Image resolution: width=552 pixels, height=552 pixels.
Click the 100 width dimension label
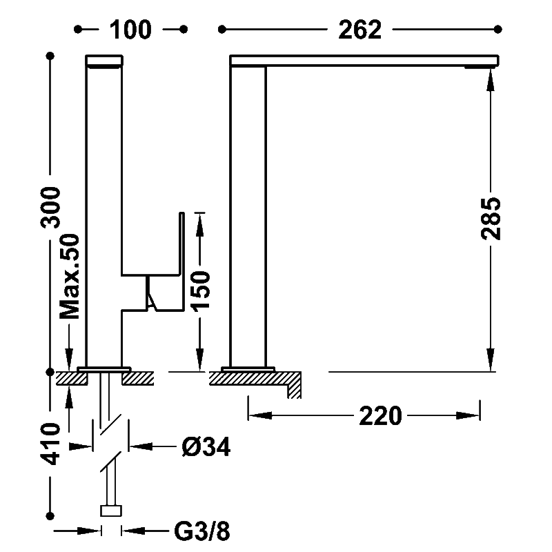click(130, 30)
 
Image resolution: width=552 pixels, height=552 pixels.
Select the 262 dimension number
click(359, 30)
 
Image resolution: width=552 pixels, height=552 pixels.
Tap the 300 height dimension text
click(50, 208)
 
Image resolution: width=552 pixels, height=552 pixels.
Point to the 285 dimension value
click(491, 219)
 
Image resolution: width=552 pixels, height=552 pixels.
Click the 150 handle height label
click(200, 290)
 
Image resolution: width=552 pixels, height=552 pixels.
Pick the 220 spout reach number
click(380, 416)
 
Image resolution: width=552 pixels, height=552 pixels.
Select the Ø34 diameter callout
click(206, 447)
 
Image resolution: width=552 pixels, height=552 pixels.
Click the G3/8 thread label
click(202, 531)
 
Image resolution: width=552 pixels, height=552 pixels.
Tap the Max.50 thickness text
click(70, 277)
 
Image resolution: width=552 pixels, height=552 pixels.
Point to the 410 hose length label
click(50, 444)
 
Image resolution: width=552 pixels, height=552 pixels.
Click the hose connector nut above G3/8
click(111, 511)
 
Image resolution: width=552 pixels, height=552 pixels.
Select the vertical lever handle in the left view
click(181, 262)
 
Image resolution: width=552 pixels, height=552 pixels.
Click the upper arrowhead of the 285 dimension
click(491, 80)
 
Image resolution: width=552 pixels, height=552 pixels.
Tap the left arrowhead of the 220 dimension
click(260, 416)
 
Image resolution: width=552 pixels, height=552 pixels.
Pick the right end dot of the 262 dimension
click(497, 30)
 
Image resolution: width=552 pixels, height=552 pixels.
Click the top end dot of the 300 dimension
click(50, 56)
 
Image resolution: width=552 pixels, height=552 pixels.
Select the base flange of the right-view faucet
click(248, 369)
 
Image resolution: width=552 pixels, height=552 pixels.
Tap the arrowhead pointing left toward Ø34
click(141, 446)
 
